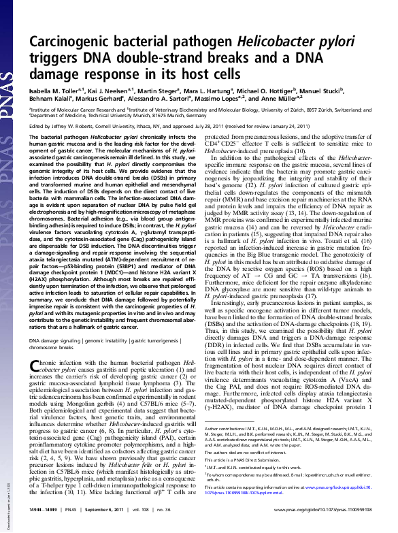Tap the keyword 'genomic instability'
click(x=122, y=339)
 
